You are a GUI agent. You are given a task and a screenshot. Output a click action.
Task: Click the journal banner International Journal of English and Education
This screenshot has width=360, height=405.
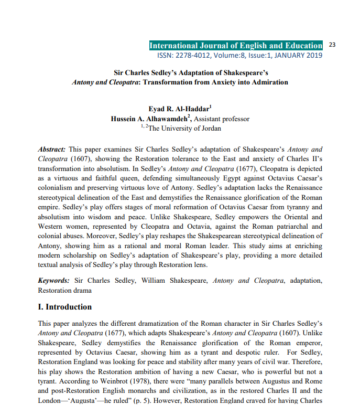[236, 46]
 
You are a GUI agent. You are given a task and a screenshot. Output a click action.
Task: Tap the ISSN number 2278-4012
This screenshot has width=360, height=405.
[198, 55]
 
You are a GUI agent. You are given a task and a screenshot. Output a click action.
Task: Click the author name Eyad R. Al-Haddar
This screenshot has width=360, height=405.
[179, 109]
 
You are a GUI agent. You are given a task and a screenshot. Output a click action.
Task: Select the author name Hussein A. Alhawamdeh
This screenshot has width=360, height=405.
[149, 119]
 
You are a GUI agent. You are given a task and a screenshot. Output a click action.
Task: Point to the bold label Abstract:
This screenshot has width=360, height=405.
[52, 150]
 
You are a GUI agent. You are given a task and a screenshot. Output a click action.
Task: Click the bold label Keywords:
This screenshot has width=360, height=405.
[54, 281]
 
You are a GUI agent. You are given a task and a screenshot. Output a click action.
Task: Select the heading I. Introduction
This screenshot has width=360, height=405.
[65, 307]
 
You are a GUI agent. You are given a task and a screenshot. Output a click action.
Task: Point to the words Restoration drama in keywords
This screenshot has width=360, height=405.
[64, 290]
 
